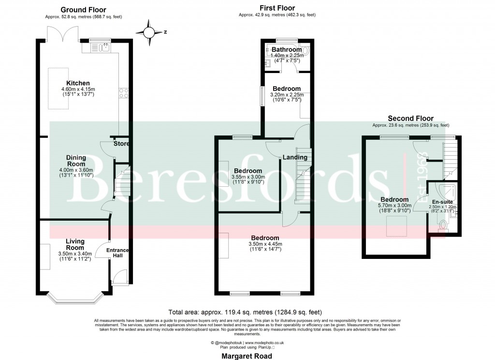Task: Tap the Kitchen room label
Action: tap(78, 83)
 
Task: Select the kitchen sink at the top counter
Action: tap(105, 47)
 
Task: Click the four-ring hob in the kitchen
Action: tap(123, 92)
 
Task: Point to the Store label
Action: tap(121, 144)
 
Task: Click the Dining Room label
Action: tap(76, 161)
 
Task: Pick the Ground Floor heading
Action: tap(83, 10)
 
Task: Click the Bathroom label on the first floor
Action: tap(285, 49)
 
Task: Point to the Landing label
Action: tap(295, 157)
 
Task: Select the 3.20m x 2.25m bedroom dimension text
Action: tap(287, 95)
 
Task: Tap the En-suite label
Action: tap(442, 201)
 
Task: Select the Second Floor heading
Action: tap(410, 119)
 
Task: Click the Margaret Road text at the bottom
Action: tap(247, 356)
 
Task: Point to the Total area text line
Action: tap(245, 312)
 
